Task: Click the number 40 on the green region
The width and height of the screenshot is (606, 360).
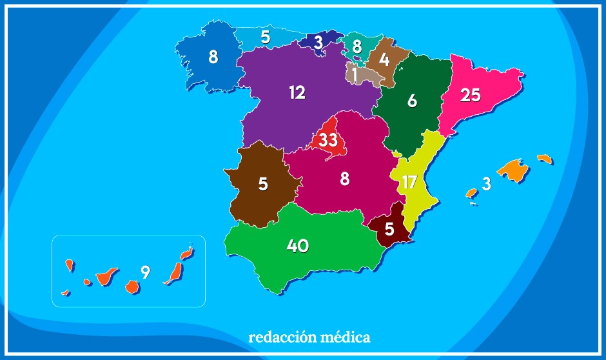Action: coord(298,246)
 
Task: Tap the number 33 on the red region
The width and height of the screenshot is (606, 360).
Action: coord(328,139)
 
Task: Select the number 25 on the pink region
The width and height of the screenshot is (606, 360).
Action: coord(471,95)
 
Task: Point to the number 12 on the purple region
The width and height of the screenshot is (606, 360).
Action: coord(297,93)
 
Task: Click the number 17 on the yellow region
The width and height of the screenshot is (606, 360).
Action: coord(409,182)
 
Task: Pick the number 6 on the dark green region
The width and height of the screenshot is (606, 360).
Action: coord(413,101)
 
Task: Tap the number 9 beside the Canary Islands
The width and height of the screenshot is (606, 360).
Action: coord(146,272)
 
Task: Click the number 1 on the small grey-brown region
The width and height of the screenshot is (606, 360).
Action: coord(355,75)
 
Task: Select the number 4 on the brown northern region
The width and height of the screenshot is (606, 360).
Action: coord(384,60)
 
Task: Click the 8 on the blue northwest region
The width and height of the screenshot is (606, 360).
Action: coord(213,57)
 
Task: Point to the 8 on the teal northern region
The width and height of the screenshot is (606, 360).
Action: coord(357,46)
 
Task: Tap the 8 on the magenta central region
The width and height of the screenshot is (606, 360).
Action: coord(345,179)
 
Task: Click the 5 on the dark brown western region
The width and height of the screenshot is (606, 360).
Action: coord(263,184)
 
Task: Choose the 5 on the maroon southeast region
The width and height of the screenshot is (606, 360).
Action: coord(389,229)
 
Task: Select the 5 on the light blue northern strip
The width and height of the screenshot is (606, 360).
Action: coord(266,37)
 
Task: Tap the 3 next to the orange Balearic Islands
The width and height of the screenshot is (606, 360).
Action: coord(487,184)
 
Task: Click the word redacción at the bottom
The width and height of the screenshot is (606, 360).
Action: coord(280,337)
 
